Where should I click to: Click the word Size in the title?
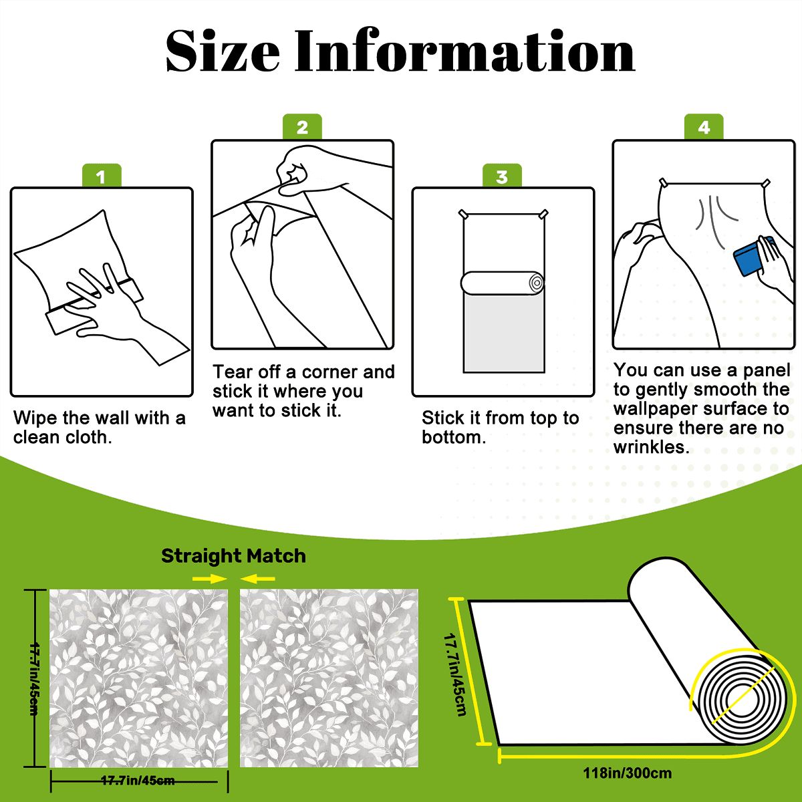(x=223, y=51)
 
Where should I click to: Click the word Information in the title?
(x=465, y=51)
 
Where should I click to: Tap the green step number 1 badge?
(x=102, y=176)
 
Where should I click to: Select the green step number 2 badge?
(x=302, y=126)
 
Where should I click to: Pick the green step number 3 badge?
(x=502, y=176)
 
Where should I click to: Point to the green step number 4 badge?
(x=704, y=126)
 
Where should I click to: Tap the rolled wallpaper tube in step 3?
(x=503, y=283)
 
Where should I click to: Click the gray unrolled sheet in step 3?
(x=504, y=333)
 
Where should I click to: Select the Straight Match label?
(x=233, y=556)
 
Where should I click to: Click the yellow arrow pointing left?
(x=257, y=578)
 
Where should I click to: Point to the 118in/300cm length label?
(x=627, y=773)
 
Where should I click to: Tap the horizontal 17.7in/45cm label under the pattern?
(x=138, y=780)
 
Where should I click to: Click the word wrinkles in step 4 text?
(x=652, y=447)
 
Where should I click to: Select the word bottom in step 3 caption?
(x=454, y=437)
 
